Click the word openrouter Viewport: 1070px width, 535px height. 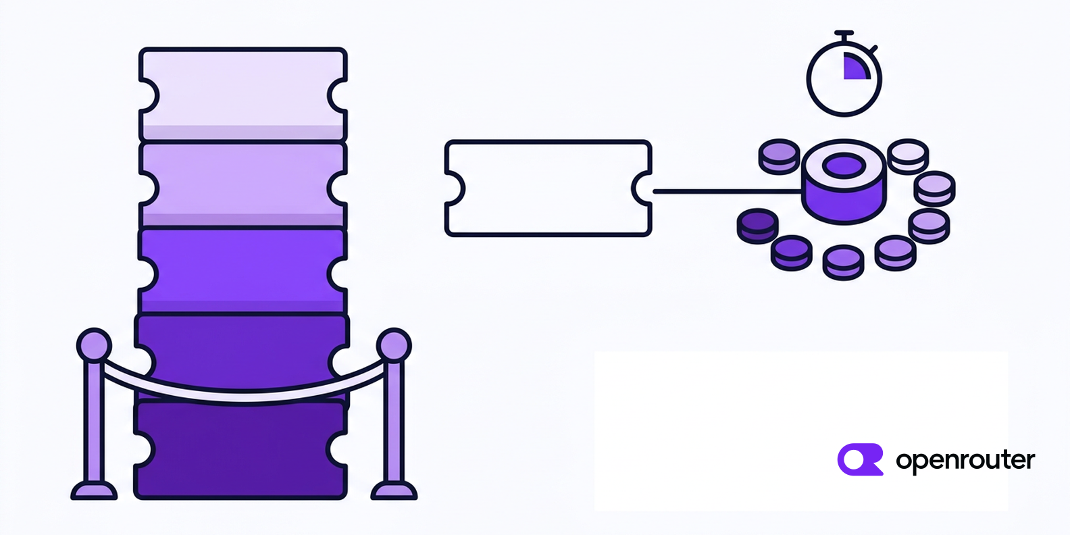coord(965,461)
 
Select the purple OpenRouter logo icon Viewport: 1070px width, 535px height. coord(861,459)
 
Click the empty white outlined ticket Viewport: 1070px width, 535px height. coord(548,188)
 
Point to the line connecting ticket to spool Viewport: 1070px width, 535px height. coord(728,192)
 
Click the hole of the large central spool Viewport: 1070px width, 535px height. coord(844,166)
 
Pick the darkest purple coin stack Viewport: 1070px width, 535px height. coord(758,226)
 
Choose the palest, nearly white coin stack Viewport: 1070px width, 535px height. coord(908,157)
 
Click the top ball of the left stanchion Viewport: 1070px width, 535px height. coord(94,345)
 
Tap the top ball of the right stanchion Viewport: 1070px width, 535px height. coord(394,345)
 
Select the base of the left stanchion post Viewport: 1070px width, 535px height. coord(94,490)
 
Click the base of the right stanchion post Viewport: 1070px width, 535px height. coord(394,490)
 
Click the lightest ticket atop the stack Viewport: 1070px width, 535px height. coord(243,94)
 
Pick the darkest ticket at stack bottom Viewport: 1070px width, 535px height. coord(240,450)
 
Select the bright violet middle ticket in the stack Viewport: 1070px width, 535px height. coord(243,272)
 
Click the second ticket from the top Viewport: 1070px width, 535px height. coord(243,185)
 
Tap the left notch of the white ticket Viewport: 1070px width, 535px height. coord(455,188)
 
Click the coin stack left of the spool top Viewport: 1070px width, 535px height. coord(779,157)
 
